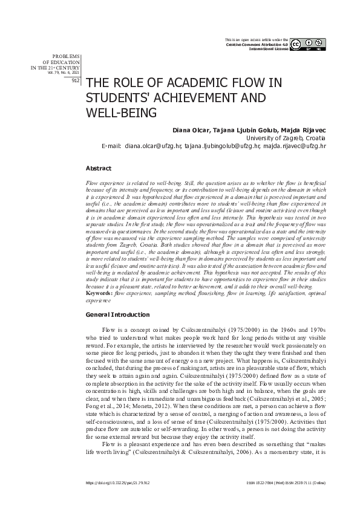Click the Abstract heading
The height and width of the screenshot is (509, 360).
coord(99,167)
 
